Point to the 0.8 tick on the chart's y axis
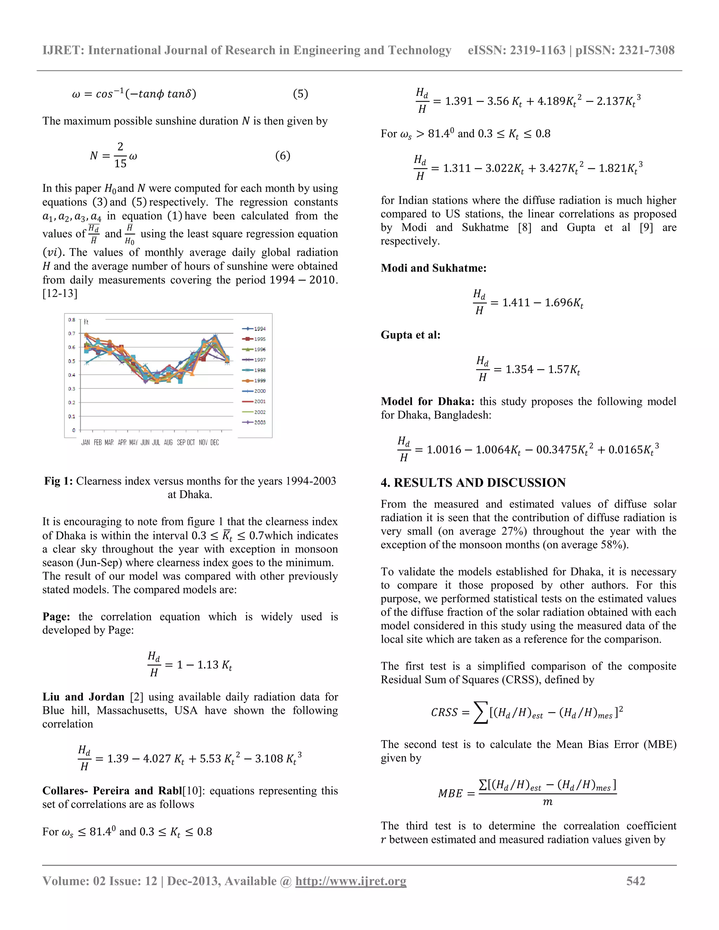coord(72,320)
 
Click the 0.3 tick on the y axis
coord(72,389)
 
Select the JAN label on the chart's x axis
coord(86,443)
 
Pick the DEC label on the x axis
coord(215,443)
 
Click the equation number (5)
coord(300,94)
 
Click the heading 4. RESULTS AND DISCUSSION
coord(473,483)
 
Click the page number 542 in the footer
coord(635,881)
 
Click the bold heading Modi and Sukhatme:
coord(433,268)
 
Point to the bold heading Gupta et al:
coord(410,335)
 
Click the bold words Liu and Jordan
coord(83,697)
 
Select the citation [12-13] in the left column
coord(60,293)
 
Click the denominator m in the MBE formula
coord(547,802)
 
